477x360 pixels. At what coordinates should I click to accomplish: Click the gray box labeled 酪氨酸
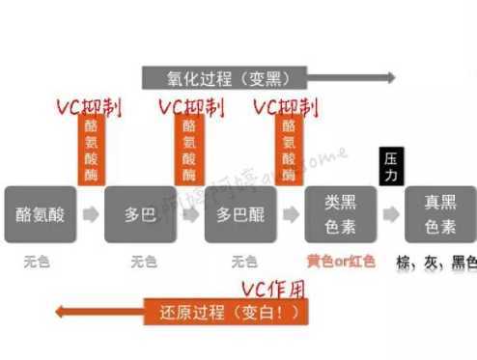[40, 212]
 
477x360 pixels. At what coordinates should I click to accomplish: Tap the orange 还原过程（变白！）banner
[228, 312]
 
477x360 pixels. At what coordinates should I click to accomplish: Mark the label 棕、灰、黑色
[437, 262]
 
